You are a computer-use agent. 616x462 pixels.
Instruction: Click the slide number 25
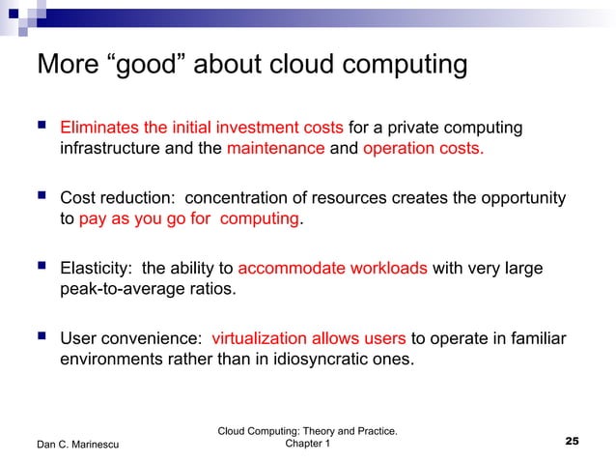pos(572,442)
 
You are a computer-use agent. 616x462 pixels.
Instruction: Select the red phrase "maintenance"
pos(275,150)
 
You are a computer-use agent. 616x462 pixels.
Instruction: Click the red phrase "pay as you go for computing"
pos(189,219)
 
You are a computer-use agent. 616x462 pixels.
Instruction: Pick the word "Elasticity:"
pos(98,268)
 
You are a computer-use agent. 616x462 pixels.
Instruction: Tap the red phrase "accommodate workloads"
pos(332,268)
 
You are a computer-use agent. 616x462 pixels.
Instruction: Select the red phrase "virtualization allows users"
pos(309,338)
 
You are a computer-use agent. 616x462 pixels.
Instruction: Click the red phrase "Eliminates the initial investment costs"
pos(201,129)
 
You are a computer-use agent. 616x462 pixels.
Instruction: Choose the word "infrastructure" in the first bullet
pos(113,150)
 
